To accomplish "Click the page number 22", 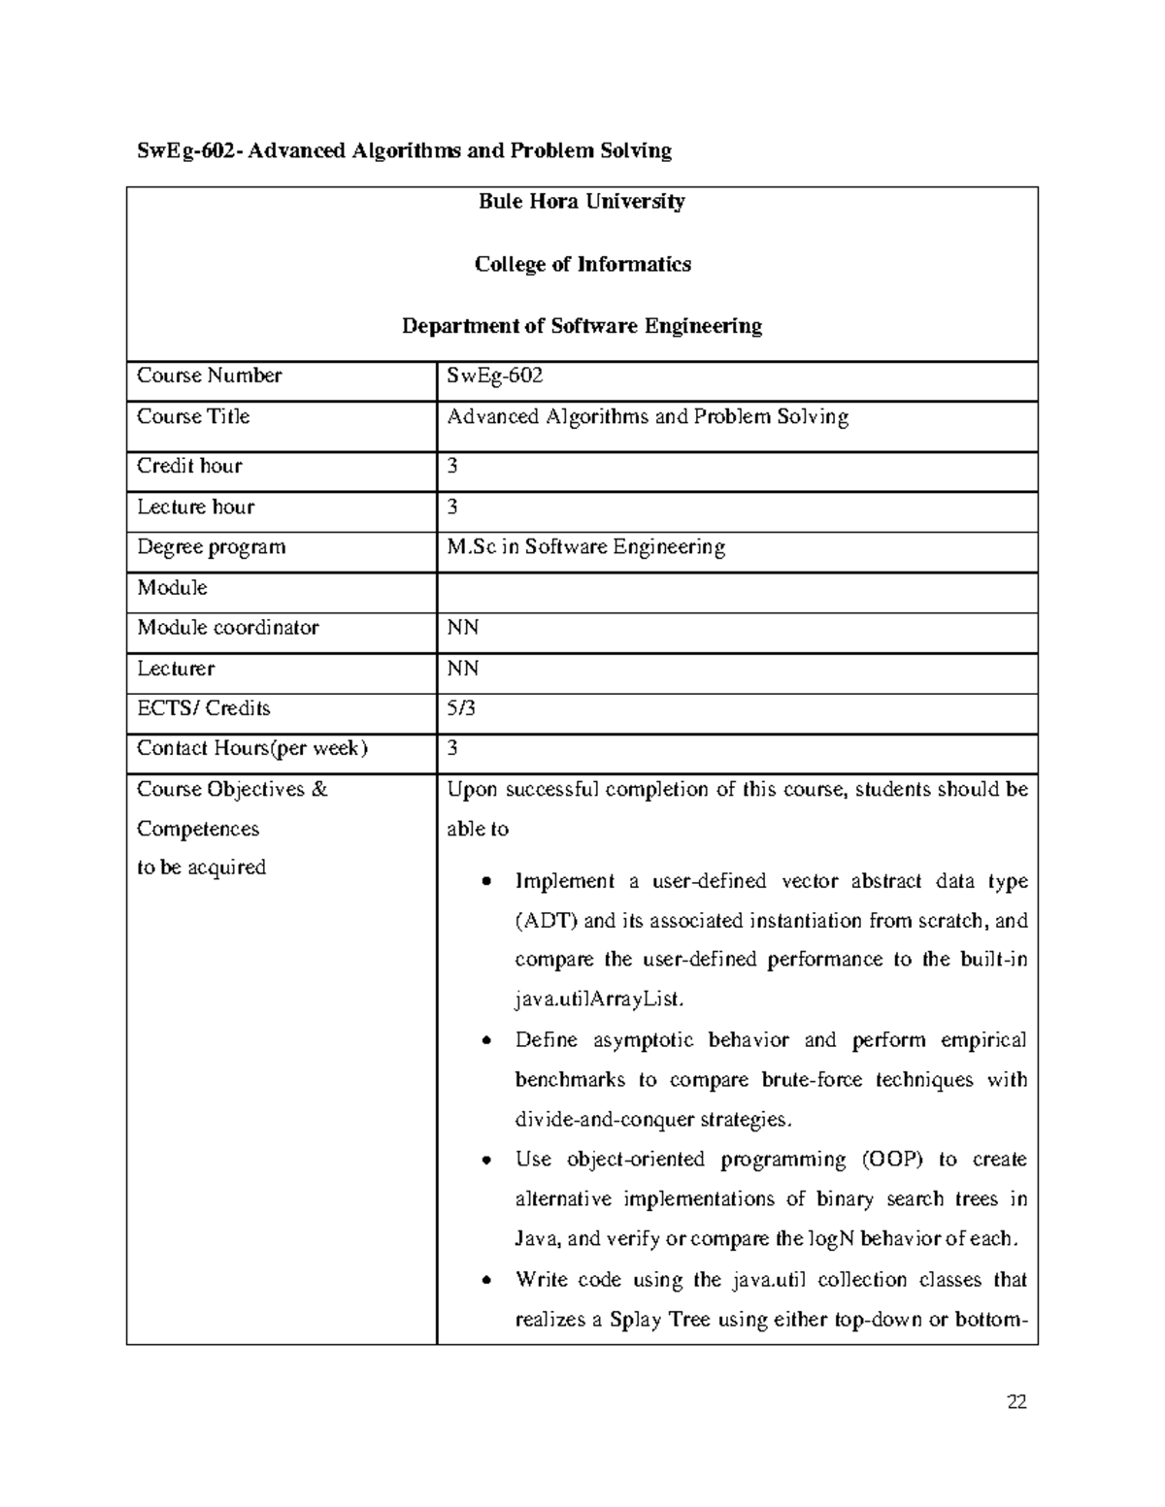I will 1017,1401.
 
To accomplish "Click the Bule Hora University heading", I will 582,202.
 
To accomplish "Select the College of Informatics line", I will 582,264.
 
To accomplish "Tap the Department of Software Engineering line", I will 582,326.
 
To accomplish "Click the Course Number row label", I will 209,376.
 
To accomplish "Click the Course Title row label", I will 193,416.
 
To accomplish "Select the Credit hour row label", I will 189,466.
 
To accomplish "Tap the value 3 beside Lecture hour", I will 452,507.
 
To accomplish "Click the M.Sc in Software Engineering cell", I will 585,547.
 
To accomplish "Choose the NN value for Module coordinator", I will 462,628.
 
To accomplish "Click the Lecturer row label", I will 176,669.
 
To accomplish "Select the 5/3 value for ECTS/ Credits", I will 461,708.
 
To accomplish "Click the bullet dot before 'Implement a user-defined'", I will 487,883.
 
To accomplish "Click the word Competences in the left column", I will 198,829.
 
